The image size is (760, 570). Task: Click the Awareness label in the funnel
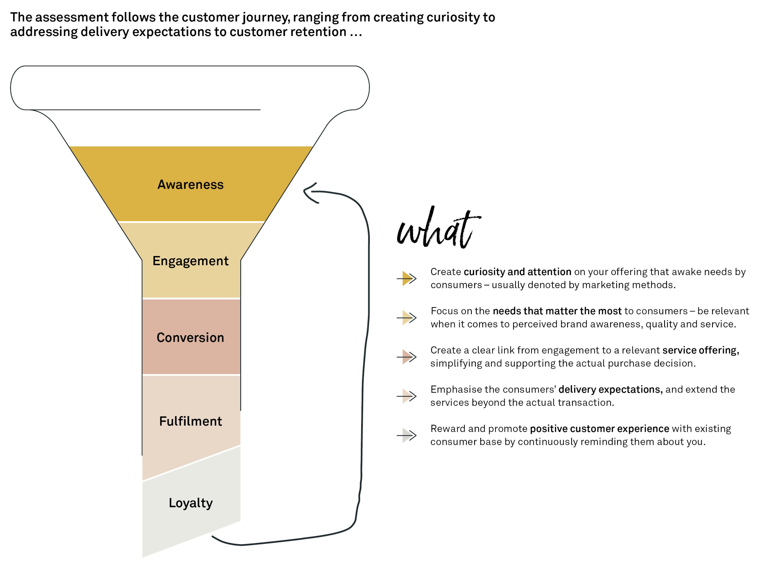point(190,185)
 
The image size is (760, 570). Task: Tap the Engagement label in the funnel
point(190,261)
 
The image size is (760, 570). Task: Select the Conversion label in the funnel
point(190,338)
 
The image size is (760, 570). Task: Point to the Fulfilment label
point(190,421)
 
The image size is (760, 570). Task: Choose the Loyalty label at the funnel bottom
point(191,503)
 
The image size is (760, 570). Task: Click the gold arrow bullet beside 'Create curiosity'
point(407,278)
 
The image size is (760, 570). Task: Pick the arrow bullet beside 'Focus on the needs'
point(407,318)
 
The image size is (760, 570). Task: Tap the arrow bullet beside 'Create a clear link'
point(407,357)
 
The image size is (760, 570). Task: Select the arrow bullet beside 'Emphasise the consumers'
point(407,396)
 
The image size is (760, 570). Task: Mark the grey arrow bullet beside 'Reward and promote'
point(407,435)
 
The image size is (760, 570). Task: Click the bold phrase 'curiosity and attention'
point(517,272)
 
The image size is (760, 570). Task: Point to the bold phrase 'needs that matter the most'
point(557,311)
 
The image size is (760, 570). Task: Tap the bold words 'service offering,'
point(701,350)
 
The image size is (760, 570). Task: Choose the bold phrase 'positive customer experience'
point(600,429)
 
